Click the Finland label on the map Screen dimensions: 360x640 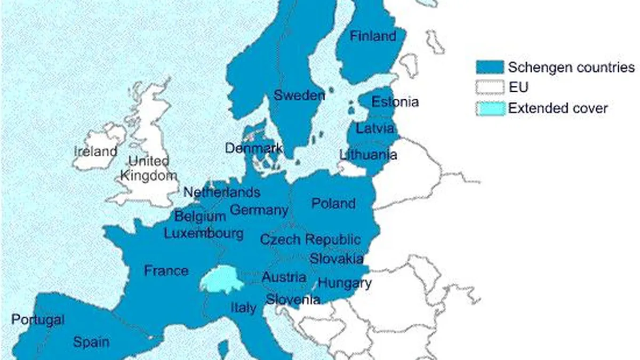[373, 36]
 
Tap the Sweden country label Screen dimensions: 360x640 [299, 96]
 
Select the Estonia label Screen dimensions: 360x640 [395, 102]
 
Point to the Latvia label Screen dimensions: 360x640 [375, 129]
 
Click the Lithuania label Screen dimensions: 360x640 [368, 155]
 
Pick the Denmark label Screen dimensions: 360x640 [253, 148]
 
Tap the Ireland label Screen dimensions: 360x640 [95, 151]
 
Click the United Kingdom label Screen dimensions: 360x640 [149, 168]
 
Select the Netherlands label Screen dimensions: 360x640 [222, 192]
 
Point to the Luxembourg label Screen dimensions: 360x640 [204, 233]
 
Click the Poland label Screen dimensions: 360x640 [333, 203]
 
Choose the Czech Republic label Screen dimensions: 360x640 [310, 239]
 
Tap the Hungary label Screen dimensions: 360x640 [344, 283]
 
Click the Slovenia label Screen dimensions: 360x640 [293, 299]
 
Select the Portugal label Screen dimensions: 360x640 [38, 320]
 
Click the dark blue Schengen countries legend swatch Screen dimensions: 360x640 [490, 67]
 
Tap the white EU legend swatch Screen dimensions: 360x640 [490, 87]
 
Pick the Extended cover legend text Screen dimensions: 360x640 [557, 108]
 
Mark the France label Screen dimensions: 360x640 [166, 270]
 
